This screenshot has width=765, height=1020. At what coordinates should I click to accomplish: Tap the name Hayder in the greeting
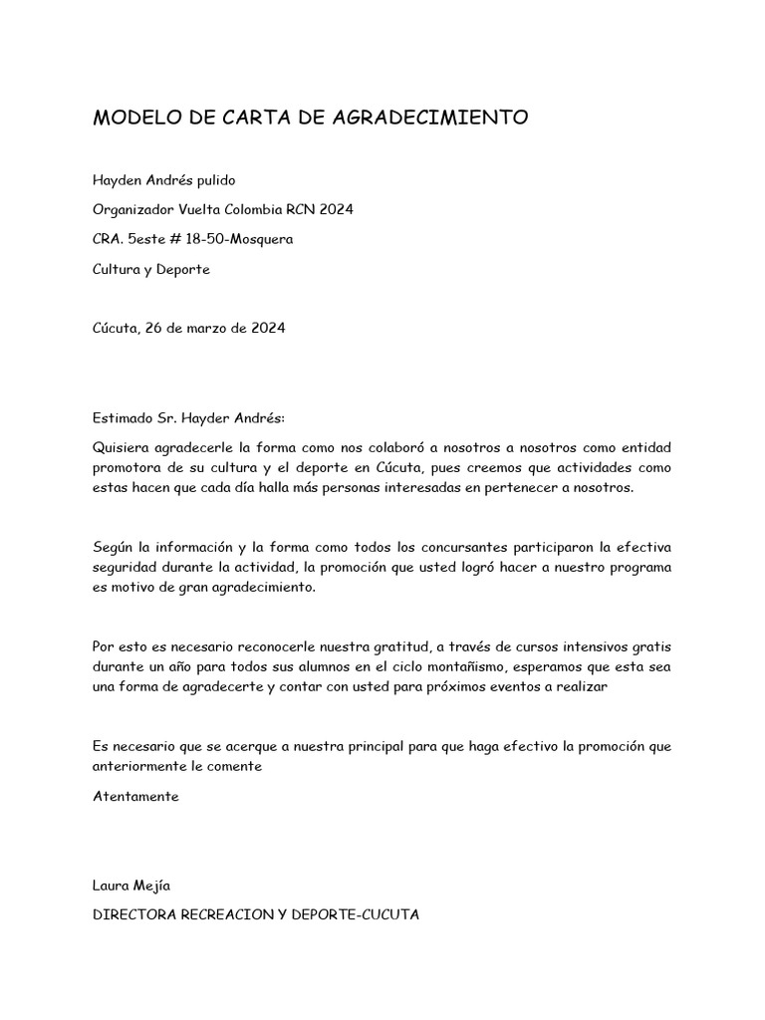coord(206,417)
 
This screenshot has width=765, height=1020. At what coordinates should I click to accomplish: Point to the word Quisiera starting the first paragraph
coord(123,447)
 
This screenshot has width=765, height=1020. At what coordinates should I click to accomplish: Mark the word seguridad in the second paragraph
coord(126,567)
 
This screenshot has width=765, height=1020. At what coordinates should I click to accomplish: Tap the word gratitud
coord(400,646)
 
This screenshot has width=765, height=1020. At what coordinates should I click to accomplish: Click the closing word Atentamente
coord(135,796)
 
